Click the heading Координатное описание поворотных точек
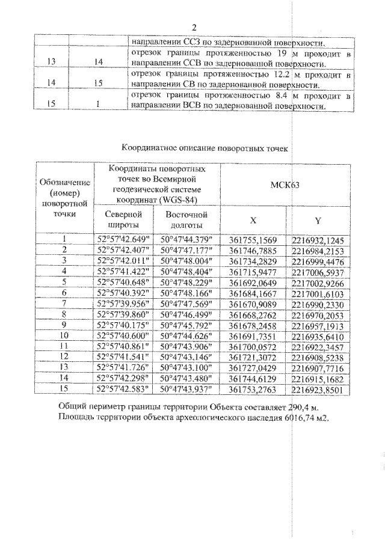[x=205, y=147]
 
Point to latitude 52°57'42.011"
[x=123, y=260]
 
